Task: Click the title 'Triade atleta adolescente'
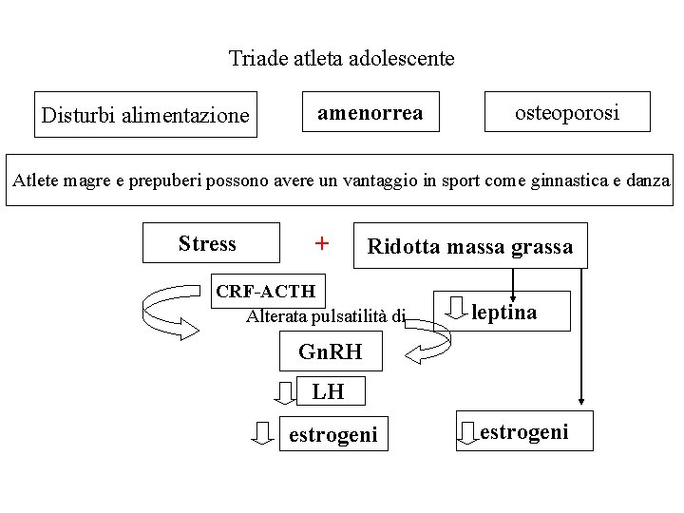pos(341,59)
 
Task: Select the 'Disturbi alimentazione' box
pos(145,115)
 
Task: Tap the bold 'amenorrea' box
pos(370,113)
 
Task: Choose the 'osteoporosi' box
pos(567,112)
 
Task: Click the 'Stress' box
pos(208,243)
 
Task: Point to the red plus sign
pos(322,244)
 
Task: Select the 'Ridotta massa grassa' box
pos(470,247)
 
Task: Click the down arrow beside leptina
pos(457,309)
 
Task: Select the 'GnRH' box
pos(331,351)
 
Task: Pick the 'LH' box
pos(328,390)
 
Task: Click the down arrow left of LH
pos(285,391)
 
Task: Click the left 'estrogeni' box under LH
pos(332,435)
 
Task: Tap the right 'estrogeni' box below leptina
pos(524,432)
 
